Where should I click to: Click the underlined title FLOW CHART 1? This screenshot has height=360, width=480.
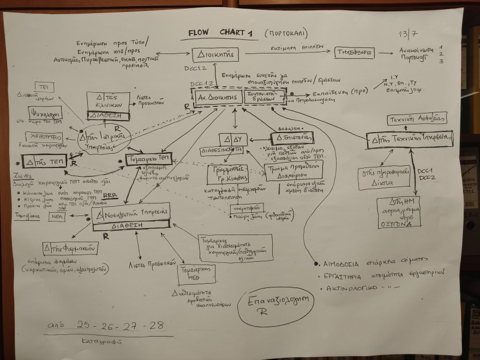pyautogui.click(x=221, y=33)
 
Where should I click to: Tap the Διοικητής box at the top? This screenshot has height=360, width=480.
pyautogui.click(x=215, y=55)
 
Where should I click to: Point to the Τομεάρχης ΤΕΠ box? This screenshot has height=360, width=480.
pyautogui.click(x=146, y=159)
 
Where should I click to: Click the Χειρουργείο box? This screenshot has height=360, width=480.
pyautogui.click(x=44, y=137)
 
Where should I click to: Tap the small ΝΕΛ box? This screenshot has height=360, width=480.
pyautogui.click(x=56, y=217)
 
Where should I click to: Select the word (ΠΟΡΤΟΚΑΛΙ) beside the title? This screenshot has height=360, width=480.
pyautogui.click(x=286, y=32)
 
